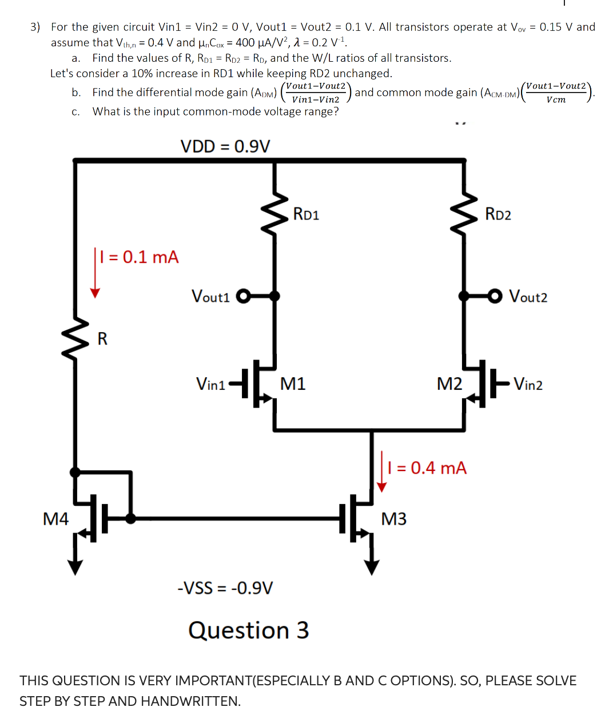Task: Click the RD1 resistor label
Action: [306, 214]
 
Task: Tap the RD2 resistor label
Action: [498, 214]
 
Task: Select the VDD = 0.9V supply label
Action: [225, 146]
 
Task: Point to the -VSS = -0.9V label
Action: [225, 588]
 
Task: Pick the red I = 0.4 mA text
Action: [427, 468]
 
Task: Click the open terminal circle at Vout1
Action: [243, 296]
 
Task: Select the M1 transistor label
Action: [293, 384]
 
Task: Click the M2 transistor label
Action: [449, 384]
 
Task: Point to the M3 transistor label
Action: [394, 519]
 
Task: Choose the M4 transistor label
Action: [56, 519]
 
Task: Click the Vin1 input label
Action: [210, 384]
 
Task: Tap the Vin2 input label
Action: [528, 384]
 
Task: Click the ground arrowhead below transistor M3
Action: [372, 567]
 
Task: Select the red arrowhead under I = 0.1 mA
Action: [95, 293]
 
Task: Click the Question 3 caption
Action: [249, 630]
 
